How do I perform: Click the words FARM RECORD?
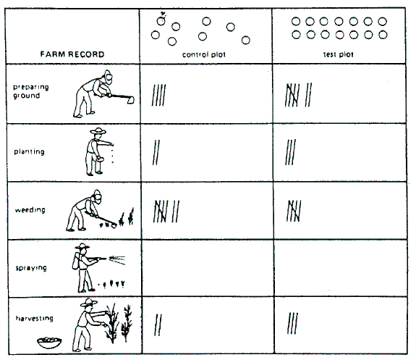72,54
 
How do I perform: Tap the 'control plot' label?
204,54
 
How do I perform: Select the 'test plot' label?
339,54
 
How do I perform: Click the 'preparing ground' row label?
31,91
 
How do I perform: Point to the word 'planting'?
29,151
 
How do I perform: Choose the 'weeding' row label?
30,210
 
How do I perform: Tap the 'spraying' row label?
31,268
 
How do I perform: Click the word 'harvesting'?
35,318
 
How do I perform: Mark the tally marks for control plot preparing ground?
158,95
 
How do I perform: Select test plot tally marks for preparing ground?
298,95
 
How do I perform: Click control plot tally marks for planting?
156,153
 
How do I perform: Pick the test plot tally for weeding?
294,211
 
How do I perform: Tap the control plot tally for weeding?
166,212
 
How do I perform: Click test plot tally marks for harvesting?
292,323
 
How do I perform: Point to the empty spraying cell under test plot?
340,268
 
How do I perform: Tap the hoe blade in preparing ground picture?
130,100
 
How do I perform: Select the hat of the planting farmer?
98,130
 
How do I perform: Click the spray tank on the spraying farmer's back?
76,261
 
